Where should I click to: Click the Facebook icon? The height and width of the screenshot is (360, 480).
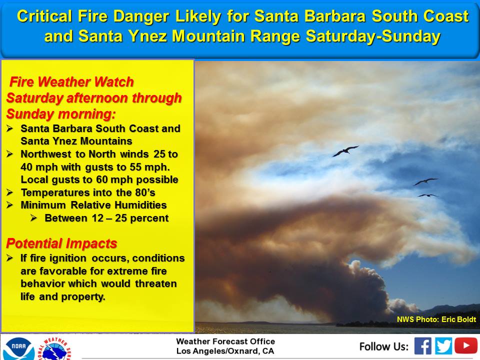coord(423,346)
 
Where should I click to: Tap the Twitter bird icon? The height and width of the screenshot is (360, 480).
coord(443,346)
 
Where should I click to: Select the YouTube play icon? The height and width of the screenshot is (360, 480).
coord(466,345)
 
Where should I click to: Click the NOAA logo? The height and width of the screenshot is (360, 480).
coord(18,348)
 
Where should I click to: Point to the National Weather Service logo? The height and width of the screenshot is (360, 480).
coord(55,349)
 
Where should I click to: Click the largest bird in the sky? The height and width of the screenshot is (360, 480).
coord(345,151)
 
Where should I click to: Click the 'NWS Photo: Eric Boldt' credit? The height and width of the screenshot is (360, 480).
coord(436,319)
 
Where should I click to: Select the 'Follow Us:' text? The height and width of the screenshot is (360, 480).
coord(384,346)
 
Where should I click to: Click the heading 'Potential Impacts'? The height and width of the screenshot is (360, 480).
coord(61,243)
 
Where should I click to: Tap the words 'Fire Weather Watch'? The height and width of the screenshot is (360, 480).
coord(71,82)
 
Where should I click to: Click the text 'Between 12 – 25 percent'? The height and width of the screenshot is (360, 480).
coord(106,218)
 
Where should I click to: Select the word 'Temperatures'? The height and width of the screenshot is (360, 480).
coord(51,193)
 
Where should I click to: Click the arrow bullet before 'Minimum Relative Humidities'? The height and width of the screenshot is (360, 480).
coord(10,205)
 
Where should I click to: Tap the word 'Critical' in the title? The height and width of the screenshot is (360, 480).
coord(44,16)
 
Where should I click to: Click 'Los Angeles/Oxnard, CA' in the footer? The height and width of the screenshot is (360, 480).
coord(225,351)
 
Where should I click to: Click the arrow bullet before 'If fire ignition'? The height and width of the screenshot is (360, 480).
coord(10,258)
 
